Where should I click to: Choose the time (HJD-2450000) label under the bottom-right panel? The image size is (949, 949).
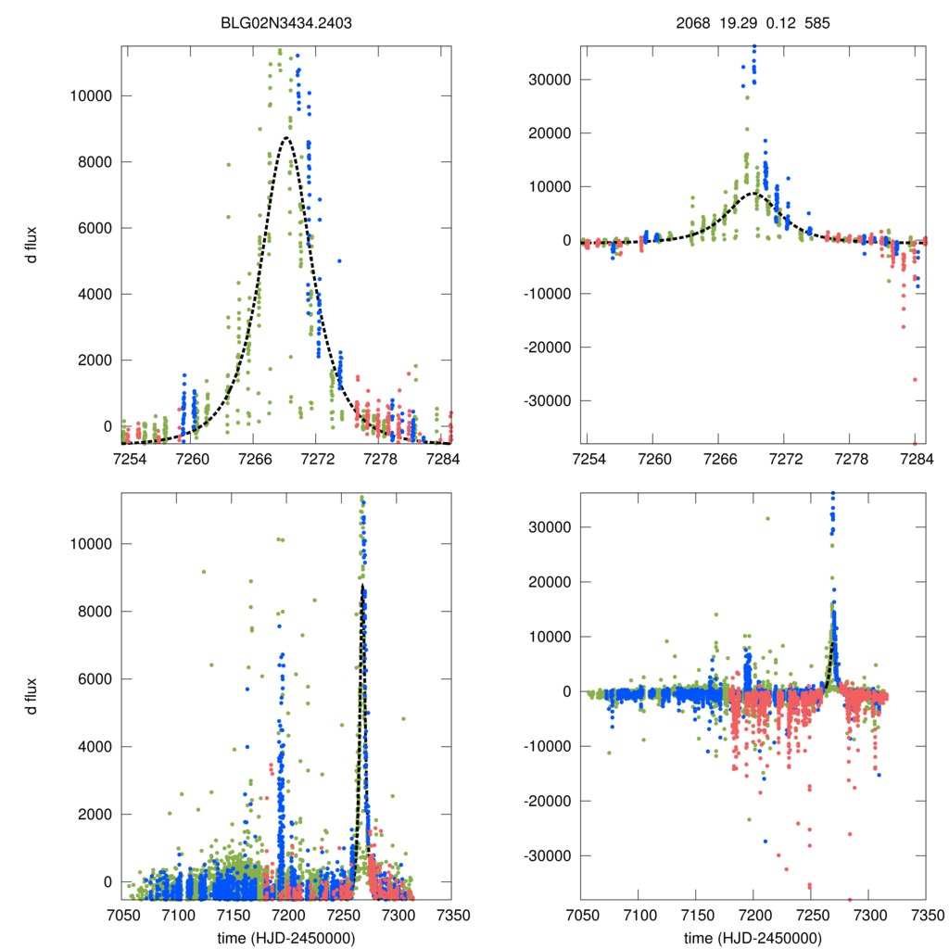tap(753, 938)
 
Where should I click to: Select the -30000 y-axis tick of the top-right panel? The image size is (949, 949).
tap(548, 401)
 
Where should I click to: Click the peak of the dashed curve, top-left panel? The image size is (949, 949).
tap(286, 137)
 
